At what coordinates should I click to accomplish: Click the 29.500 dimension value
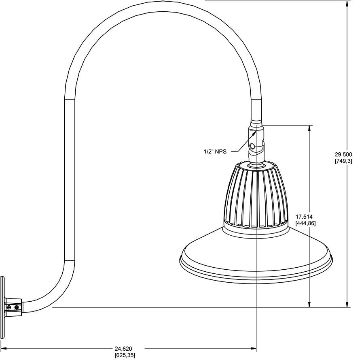343,154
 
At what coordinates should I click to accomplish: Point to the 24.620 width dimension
123,348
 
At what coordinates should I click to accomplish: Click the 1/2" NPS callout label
215,151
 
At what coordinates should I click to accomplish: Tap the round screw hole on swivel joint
252,146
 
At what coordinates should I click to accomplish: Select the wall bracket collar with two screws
13,307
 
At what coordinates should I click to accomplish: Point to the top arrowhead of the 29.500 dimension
347,4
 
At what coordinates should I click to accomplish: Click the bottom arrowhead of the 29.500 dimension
347,304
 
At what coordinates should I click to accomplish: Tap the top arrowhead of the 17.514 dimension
310,128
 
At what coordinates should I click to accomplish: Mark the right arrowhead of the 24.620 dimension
254,348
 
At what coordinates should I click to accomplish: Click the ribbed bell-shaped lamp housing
256,194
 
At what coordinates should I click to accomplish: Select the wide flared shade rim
256,259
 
